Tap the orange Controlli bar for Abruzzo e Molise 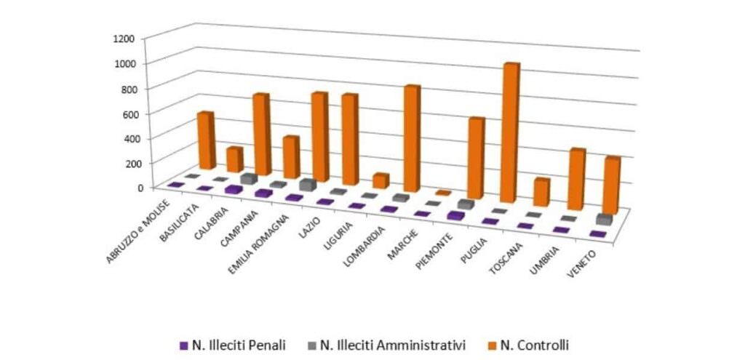coord(207,140)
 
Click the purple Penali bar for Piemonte coord(455,215)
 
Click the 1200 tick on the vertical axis coord(124,38)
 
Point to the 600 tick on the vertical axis coord(128,113)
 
